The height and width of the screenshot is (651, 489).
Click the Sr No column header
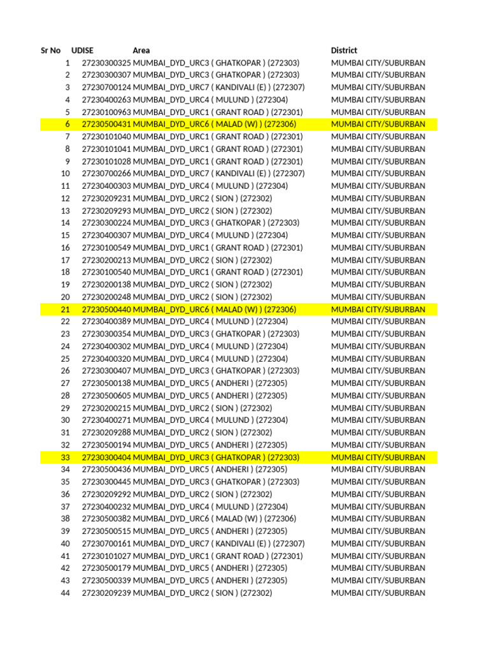[51, 50]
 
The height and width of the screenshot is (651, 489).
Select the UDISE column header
[83, 50]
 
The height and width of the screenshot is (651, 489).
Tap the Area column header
[141, 50]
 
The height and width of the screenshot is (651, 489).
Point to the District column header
[344, 50]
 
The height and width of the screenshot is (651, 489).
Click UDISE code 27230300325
[106, 63]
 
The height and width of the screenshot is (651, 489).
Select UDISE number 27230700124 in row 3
[106, 88]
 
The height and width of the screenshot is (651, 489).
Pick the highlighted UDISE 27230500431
[106, 125]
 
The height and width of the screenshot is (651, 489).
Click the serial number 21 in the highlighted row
[66, 310]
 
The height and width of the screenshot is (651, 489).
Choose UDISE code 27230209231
[106, 198]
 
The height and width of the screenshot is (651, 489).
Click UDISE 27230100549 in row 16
[106, 248]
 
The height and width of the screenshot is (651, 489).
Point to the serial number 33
[66, 458]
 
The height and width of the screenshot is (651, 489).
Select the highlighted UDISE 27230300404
[106, 458]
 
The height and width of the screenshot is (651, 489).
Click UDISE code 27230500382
[106, 519]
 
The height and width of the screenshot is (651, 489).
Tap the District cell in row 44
[378, 593]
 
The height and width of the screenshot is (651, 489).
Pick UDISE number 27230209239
[106, 593]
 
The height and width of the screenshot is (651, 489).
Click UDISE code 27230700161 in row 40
[106, 544]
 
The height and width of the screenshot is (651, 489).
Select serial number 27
[66, 383]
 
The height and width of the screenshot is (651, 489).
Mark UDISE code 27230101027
[106, 556]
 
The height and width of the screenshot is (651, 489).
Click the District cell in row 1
[378, 63]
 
